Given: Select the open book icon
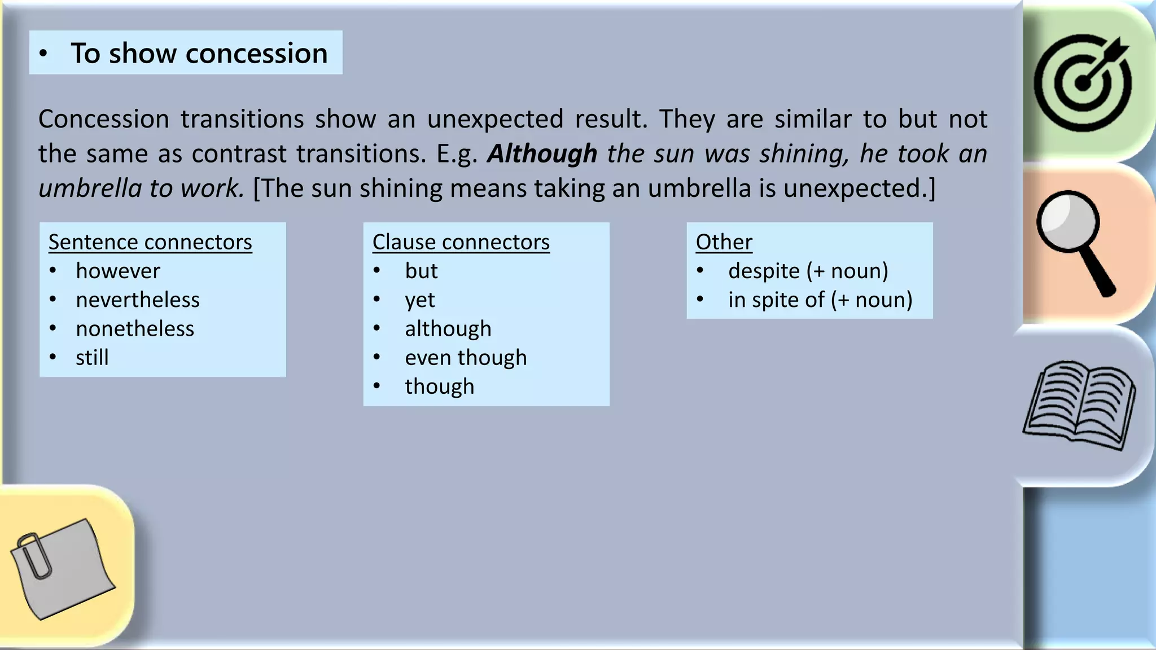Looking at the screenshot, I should pos(1079,403).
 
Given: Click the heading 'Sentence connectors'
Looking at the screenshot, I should pos(150,242).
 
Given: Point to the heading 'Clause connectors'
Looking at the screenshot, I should pos(461,242).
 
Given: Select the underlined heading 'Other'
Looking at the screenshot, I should pos(724,242).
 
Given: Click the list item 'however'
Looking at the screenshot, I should pos(118,271).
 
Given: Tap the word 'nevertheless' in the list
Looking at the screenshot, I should pos(138,300).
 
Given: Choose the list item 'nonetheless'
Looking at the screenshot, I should pos(135,328).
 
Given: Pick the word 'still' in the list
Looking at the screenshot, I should pos(92,357).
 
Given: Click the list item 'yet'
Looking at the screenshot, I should pos(419,300).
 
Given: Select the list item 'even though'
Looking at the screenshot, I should pos(466,357).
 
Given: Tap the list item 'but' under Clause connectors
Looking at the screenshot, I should pos(421,271).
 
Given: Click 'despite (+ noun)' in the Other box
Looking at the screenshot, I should pos(808,271).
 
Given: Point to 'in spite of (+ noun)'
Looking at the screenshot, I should pos(820,300).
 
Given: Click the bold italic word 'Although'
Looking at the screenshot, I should pos(542,153).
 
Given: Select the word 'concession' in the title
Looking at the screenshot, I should pos(256,53).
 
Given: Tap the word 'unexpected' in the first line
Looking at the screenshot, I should pos(495,119).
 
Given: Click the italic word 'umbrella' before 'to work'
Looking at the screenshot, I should pos(89,188).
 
